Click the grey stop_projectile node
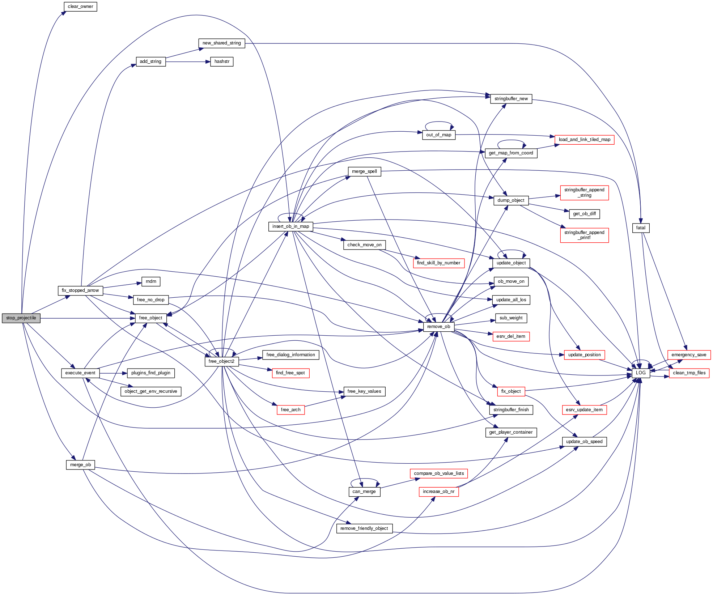coord(21,318)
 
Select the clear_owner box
coord(80,7)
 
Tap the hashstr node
coord(222,61)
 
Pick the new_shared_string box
coord(222,43)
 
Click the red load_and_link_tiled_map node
coord(584,140)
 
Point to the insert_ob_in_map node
coord(290,226)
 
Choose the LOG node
coord(641,373)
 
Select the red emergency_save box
coord(689,355)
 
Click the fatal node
coord(641,228)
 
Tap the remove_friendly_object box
coord(364,528)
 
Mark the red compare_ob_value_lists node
coord(439,473)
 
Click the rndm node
coord(151,281)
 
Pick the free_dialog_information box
coord(290,355)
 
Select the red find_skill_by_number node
coord(438,263)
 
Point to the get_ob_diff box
coord(584,214)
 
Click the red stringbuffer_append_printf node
coord(584,235)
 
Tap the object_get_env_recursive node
coord(150,391)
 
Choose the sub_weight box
coord(511,318)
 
